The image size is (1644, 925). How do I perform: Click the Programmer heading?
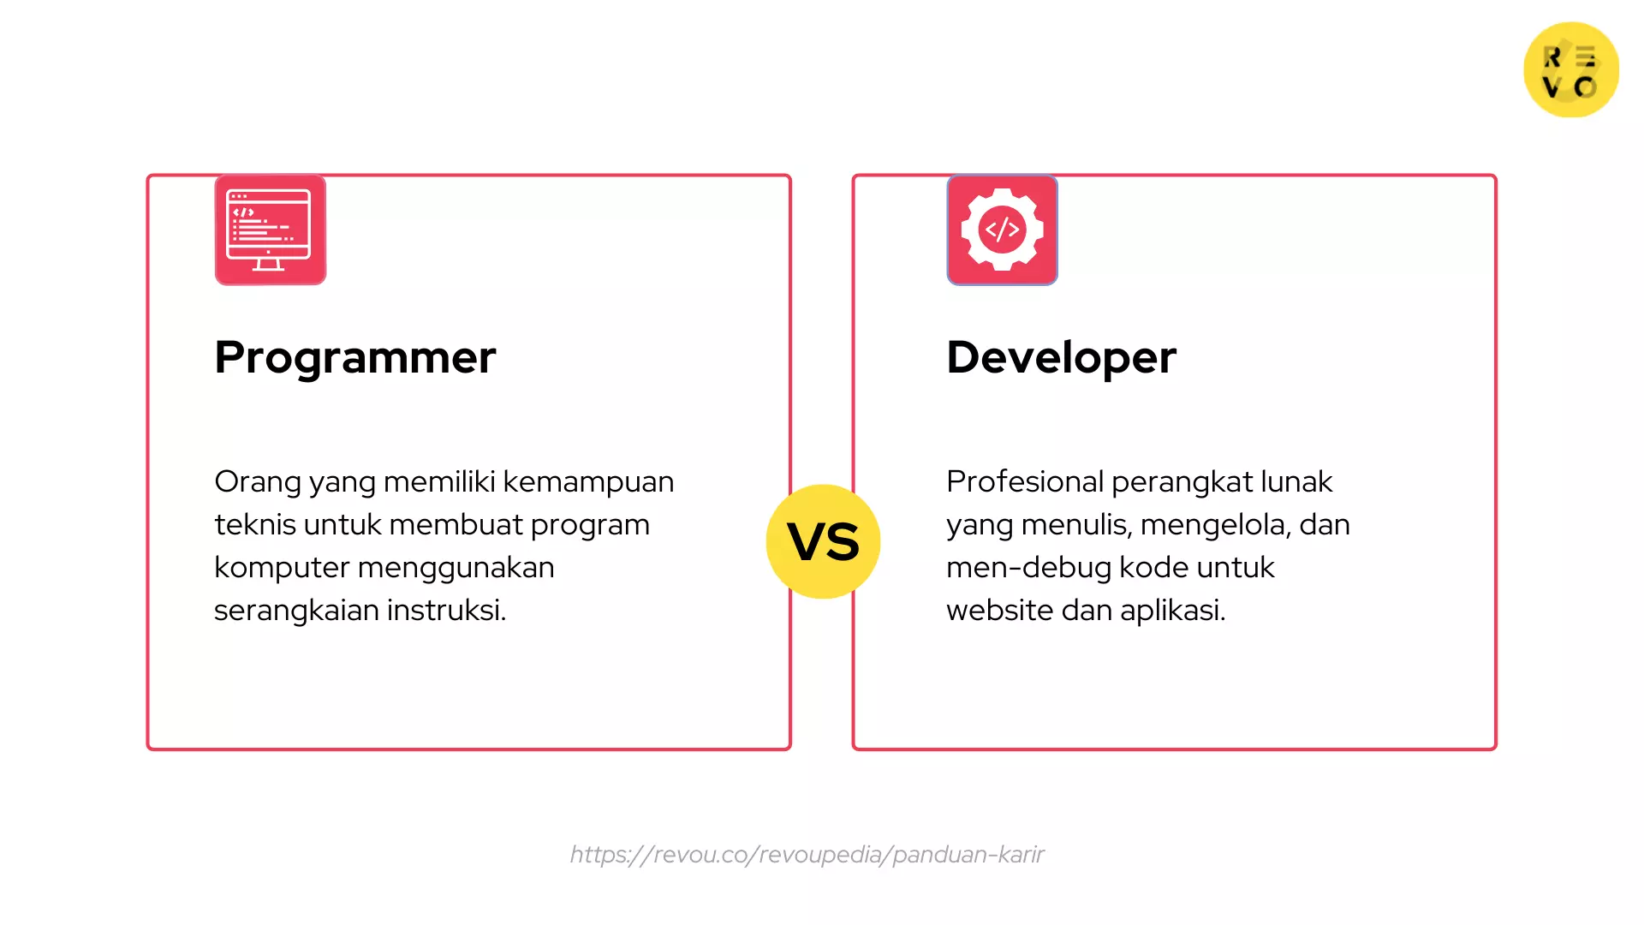[354, 357]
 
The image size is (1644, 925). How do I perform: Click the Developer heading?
[1061, 357]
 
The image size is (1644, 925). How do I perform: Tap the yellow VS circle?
[823, 541]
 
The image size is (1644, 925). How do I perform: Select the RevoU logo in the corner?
[1570, 70]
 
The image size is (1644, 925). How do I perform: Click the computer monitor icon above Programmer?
[270, 230]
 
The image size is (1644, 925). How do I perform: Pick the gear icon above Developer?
[1002, 230]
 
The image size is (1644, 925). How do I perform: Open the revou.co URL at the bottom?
[807, 854]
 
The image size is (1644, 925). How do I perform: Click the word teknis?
[254, 524]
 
